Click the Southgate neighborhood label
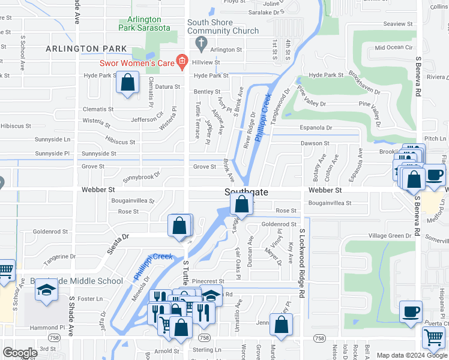(246, 192)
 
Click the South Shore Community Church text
(223, 26)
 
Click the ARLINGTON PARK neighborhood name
(89, 49)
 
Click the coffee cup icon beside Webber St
(435, 175)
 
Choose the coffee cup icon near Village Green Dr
(411, 311)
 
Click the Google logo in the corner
(20, 353)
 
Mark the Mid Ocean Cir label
(393, 47)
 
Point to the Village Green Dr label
(390, 236)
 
